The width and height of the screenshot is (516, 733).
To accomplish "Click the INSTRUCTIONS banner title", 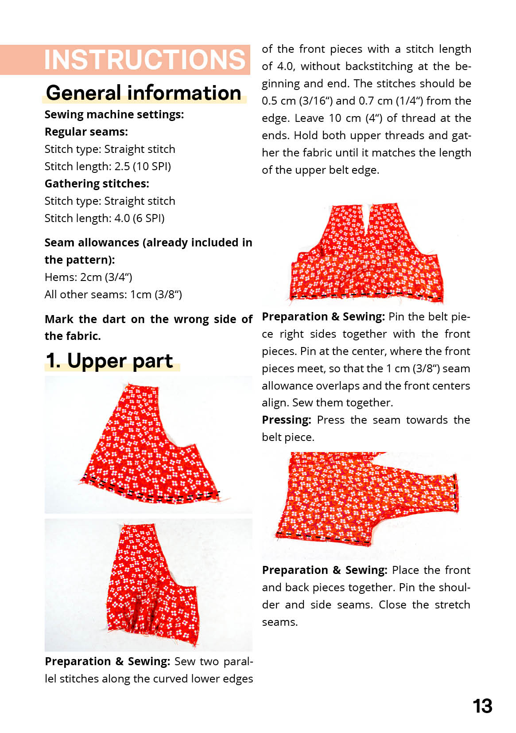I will (144, 59).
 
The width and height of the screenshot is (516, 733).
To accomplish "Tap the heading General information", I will (144, 93).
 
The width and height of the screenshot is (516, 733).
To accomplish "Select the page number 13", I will (482, 706).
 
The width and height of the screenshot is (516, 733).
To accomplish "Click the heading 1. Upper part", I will (109, 361).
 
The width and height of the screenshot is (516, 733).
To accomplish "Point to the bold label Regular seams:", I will (86, 132).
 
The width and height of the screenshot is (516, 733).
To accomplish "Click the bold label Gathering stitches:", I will (97, 183).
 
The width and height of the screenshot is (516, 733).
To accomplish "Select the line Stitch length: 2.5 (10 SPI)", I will (108, 166).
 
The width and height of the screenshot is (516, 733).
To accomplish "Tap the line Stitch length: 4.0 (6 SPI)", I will (105, 218).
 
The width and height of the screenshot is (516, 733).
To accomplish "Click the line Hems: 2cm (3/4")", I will (88, 277).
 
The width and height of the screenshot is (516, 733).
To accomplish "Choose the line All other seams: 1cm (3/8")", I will (113, 294).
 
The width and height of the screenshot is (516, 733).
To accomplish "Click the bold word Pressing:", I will (286, 420).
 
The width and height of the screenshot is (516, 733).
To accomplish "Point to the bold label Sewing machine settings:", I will (114, 114).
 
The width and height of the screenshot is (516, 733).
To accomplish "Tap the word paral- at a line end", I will (238, 661).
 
